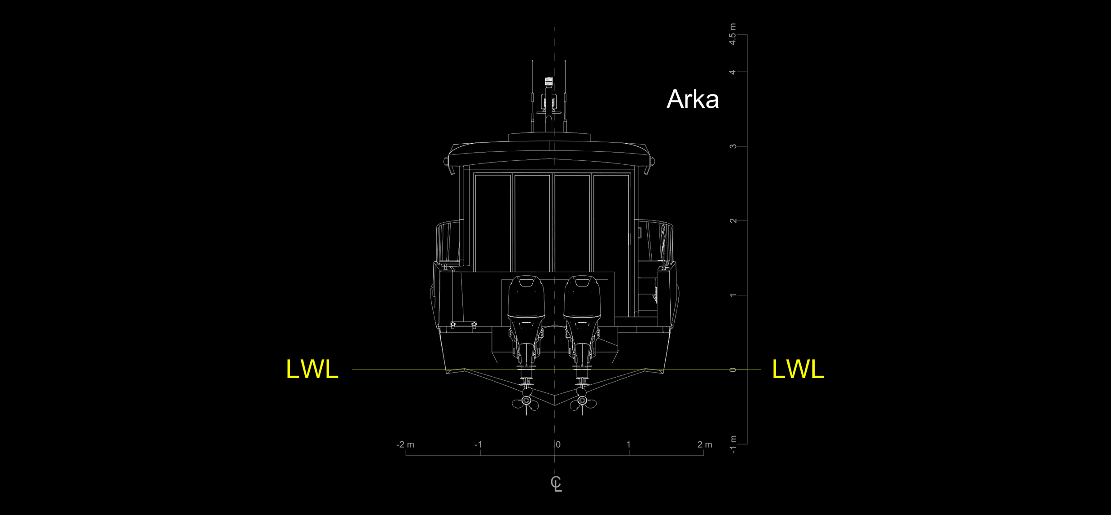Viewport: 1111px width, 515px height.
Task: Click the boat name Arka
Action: (693, 99)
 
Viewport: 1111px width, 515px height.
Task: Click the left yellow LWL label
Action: (312, 369)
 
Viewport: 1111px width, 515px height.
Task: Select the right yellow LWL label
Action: (798, 369)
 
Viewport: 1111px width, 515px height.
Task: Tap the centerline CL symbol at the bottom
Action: (556, 484)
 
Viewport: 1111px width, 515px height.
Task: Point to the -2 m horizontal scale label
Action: (405, 445)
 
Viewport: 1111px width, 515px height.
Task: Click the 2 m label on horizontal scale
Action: (705, 445)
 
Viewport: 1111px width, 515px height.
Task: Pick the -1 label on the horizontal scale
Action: (478, 445)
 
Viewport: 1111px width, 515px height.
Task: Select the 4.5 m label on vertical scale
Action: (733, 34)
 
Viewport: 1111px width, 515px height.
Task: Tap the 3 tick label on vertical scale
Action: (733, 146)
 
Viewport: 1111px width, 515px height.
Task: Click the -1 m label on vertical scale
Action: (733, 445)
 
